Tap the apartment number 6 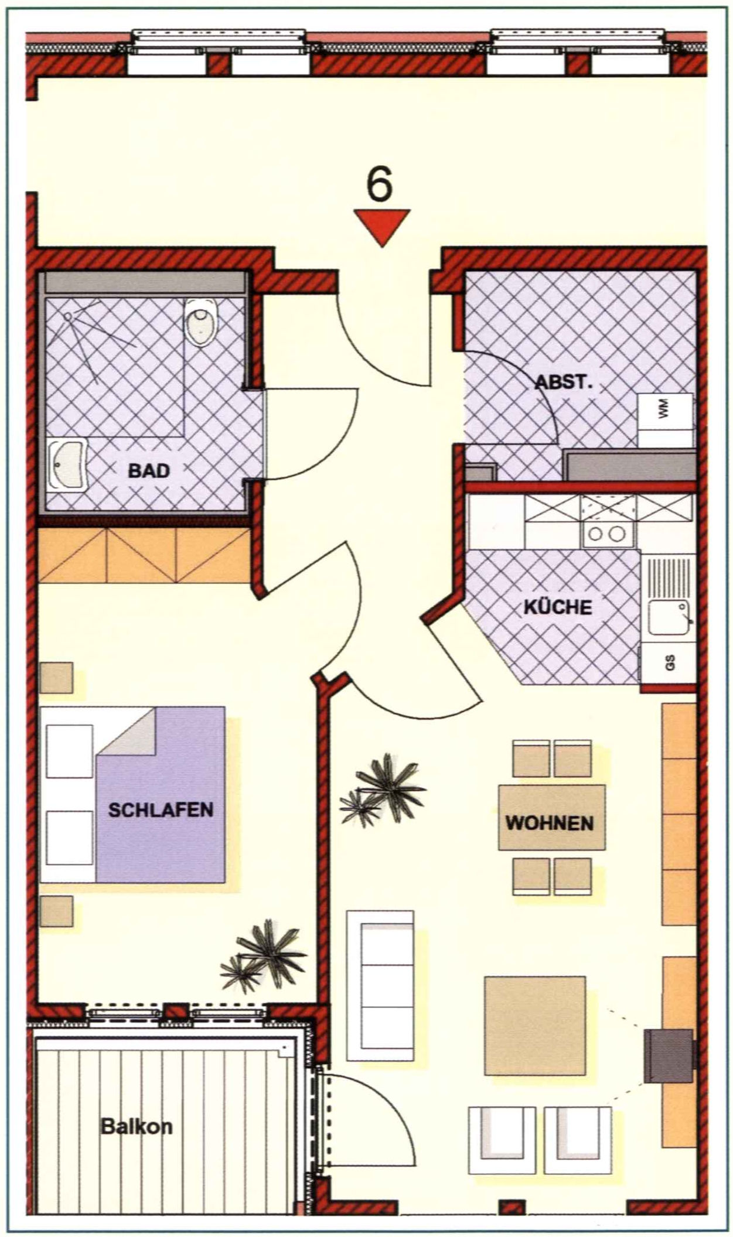(x=379, y=184)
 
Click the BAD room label (x=149, y=470)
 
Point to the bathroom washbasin (x=67, y=465)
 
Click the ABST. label (x=564, y=383)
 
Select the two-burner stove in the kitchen (x=608, y=534)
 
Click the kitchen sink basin (x=669, y=617)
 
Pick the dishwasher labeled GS (x=669, y=662)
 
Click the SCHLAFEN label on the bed (x=161, y=810)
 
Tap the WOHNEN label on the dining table (x=550, y=823)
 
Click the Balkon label (x=137, y=1126)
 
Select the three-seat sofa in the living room (x=380, y=986)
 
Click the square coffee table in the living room (x=535, y=1026)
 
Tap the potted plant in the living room (x=382, y=789)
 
